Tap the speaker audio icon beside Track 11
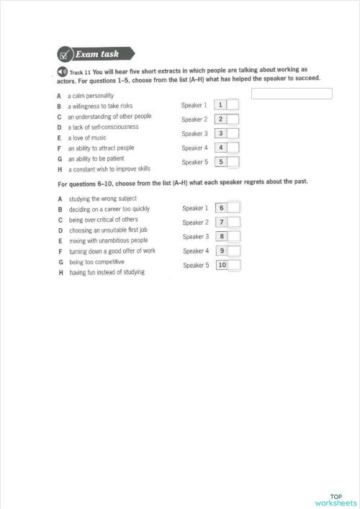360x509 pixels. click(63, 72)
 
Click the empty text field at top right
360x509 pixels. click(292, 94)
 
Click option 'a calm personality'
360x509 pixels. click(91, 95)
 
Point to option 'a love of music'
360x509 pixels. click(87, 138)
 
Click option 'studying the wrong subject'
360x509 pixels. click(102, 199)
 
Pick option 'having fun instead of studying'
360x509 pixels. click(107, 273)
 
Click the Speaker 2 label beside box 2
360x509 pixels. click(194, 120)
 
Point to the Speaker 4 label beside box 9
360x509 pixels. click(195, 251)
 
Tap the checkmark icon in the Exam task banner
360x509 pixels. click(65, 54)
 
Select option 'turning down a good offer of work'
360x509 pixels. click(112, 252)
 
